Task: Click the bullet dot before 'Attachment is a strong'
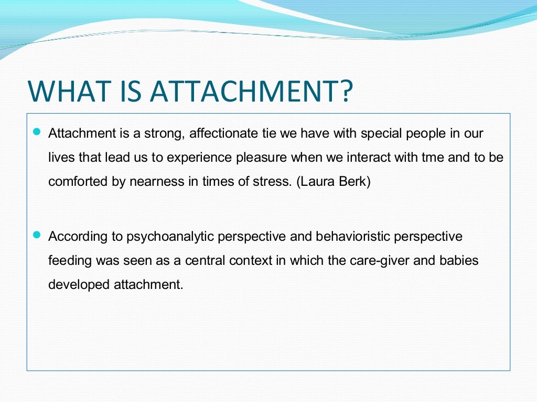pos(36,133)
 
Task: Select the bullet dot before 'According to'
pos(36,236)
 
